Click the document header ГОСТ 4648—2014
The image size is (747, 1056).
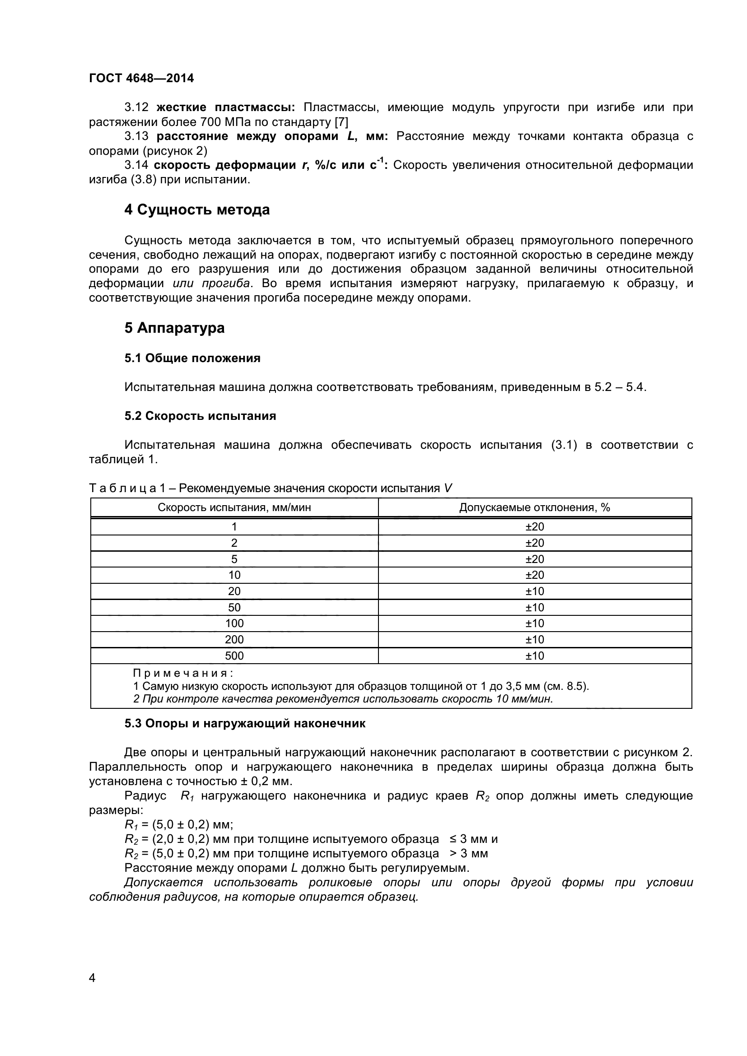pos(141,78)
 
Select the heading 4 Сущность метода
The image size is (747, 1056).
pos(197,210)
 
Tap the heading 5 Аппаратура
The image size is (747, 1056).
pos(174,328)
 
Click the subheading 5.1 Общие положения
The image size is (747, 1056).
pos(192,358)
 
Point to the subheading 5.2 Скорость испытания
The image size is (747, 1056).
pos(200,416)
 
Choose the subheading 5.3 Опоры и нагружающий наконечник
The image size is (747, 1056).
pos(245,723)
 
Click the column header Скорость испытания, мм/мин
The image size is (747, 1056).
pos(234,507)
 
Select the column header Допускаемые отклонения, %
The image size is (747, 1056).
pos(534,507)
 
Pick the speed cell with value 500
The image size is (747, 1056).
pos(234,656)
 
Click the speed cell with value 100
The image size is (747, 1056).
pos(234,623)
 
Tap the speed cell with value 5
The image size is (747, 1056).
pos(234,559)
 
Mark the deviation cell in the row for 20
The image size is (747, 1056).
pos(534,591)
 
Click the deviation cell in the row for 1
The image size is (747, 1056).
pos(534,526)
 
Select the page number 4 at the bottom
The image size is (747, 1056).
pos(92,990)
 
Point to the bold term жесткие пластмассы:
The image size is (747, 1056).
pos(225,107)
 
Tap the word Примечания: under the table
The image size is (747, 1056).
pos(183,673)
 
